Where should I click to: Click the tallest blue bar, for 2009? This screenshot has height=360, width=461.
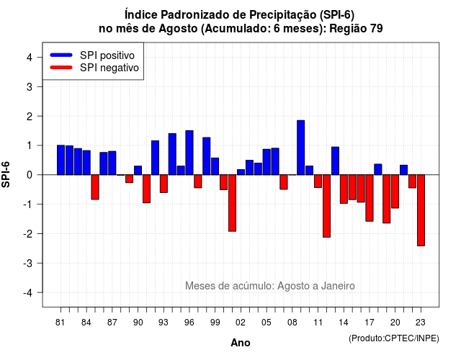tap(300, 148)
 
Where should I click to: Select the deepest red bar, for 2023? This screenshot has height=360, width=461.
tap(421, 210)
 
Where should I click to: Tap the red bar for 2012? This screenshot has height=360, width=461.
tap(326, 206)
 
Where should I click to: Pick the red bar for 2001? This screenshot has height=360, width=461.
tap(232, 203)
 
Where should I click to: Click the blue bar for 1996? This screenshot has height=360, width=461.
tap(189, 153)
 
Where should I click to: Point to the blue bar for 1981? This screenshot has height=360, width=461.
tap(61, 160)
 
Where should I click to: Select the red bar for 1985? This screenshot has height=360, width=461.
tap(95, 187)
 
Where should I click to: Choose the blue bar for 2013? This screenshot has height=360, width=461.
tap(335, 161)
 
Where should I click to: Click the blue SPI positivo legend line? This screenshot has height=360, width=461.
tap(61, 55)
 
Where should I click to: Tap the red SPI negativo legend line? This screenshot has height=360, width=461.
tap(61, 68)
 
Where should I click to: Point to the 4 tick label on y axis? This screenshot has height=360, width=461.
tap(30, 57)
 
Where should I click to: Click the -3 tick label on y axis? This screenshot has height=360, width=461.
tap(27, 263)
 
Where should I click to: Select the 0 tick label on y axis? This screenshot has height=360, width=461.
tap(30, 175)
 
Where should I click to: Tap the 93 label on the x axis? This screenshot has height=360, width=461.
tap(164, 323)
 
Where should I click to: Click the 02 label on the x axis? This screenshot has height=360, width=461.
tap(241, 323)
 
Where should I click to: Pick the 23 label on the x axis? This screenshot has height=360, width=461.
tap(421, 323)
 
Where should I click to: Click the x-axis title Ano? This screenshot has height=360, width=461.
tap(241, 343)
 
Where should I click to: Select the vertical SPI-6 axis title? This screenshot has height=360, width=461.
tap(6, 174)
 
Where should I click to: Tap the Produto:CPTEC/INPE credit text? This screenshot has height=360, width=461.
tap(394, 338)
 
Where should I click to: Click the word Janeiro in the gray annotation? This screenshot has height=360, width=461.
tap(338, 286)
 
